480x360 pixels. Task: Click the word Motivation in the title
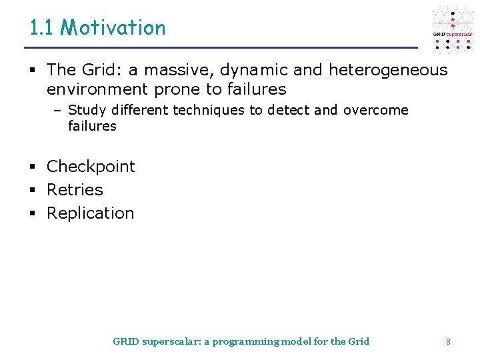tap(113, 27)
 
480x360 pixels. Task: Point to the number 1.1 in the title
tap(43, 27)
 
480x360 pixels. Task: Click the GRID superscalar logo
tap(453, 29)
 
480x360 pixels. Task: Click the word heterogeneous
tap(388, 70)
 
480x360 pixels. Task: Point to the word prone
tap(177, 89)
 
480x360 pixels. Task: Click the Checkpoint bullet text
tap(91, 167)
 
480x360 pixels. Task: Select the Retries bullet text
tap(75, 190)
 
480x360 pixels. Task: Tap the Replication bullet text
tap(90, 213)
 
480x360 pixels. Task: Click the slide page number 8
tap(448, 342)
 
